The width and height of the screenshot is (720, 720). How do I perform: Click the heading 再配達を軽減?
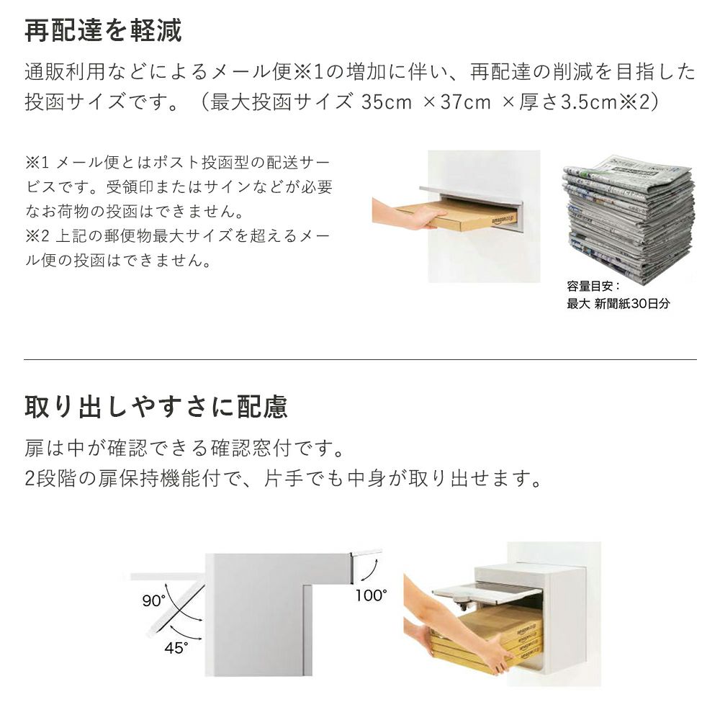tap(103, 30)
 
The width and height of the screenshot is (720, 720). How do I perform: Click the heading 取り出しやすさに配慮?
tap(156, 406)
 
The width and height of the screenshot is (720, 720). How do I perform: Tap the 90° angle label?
tap(153, 600)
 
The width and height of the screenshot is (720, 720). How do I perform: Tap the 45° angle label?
tap(176, 647)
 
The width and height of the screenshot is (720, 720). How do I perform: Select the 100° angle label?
tap(371, 595)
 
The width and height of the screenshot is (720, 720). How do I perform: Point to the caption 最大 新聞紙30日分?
tap(618, 304)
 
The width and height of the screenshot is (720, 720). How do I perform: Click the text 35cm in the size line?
tap(386, 102)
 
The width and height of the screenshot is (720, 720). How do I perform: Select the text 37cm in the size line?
tap(466, 102)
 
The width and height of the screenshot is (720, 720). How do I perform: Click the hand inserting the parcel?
tap(409, 214)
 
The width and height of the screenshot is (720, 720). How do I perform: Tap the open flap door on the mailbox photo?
tap(487, 591)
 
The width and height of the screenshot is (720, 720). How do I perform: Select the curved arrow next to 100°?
tap(371, 572)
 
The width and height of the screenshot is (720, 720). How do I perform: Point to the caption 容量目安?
tap(593, 286)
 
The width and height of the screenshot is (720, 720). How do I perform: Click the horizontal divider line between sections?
tap(360, 359)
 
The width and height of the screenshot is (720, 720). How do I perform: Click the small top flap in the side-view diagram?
tap(366, 552)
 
